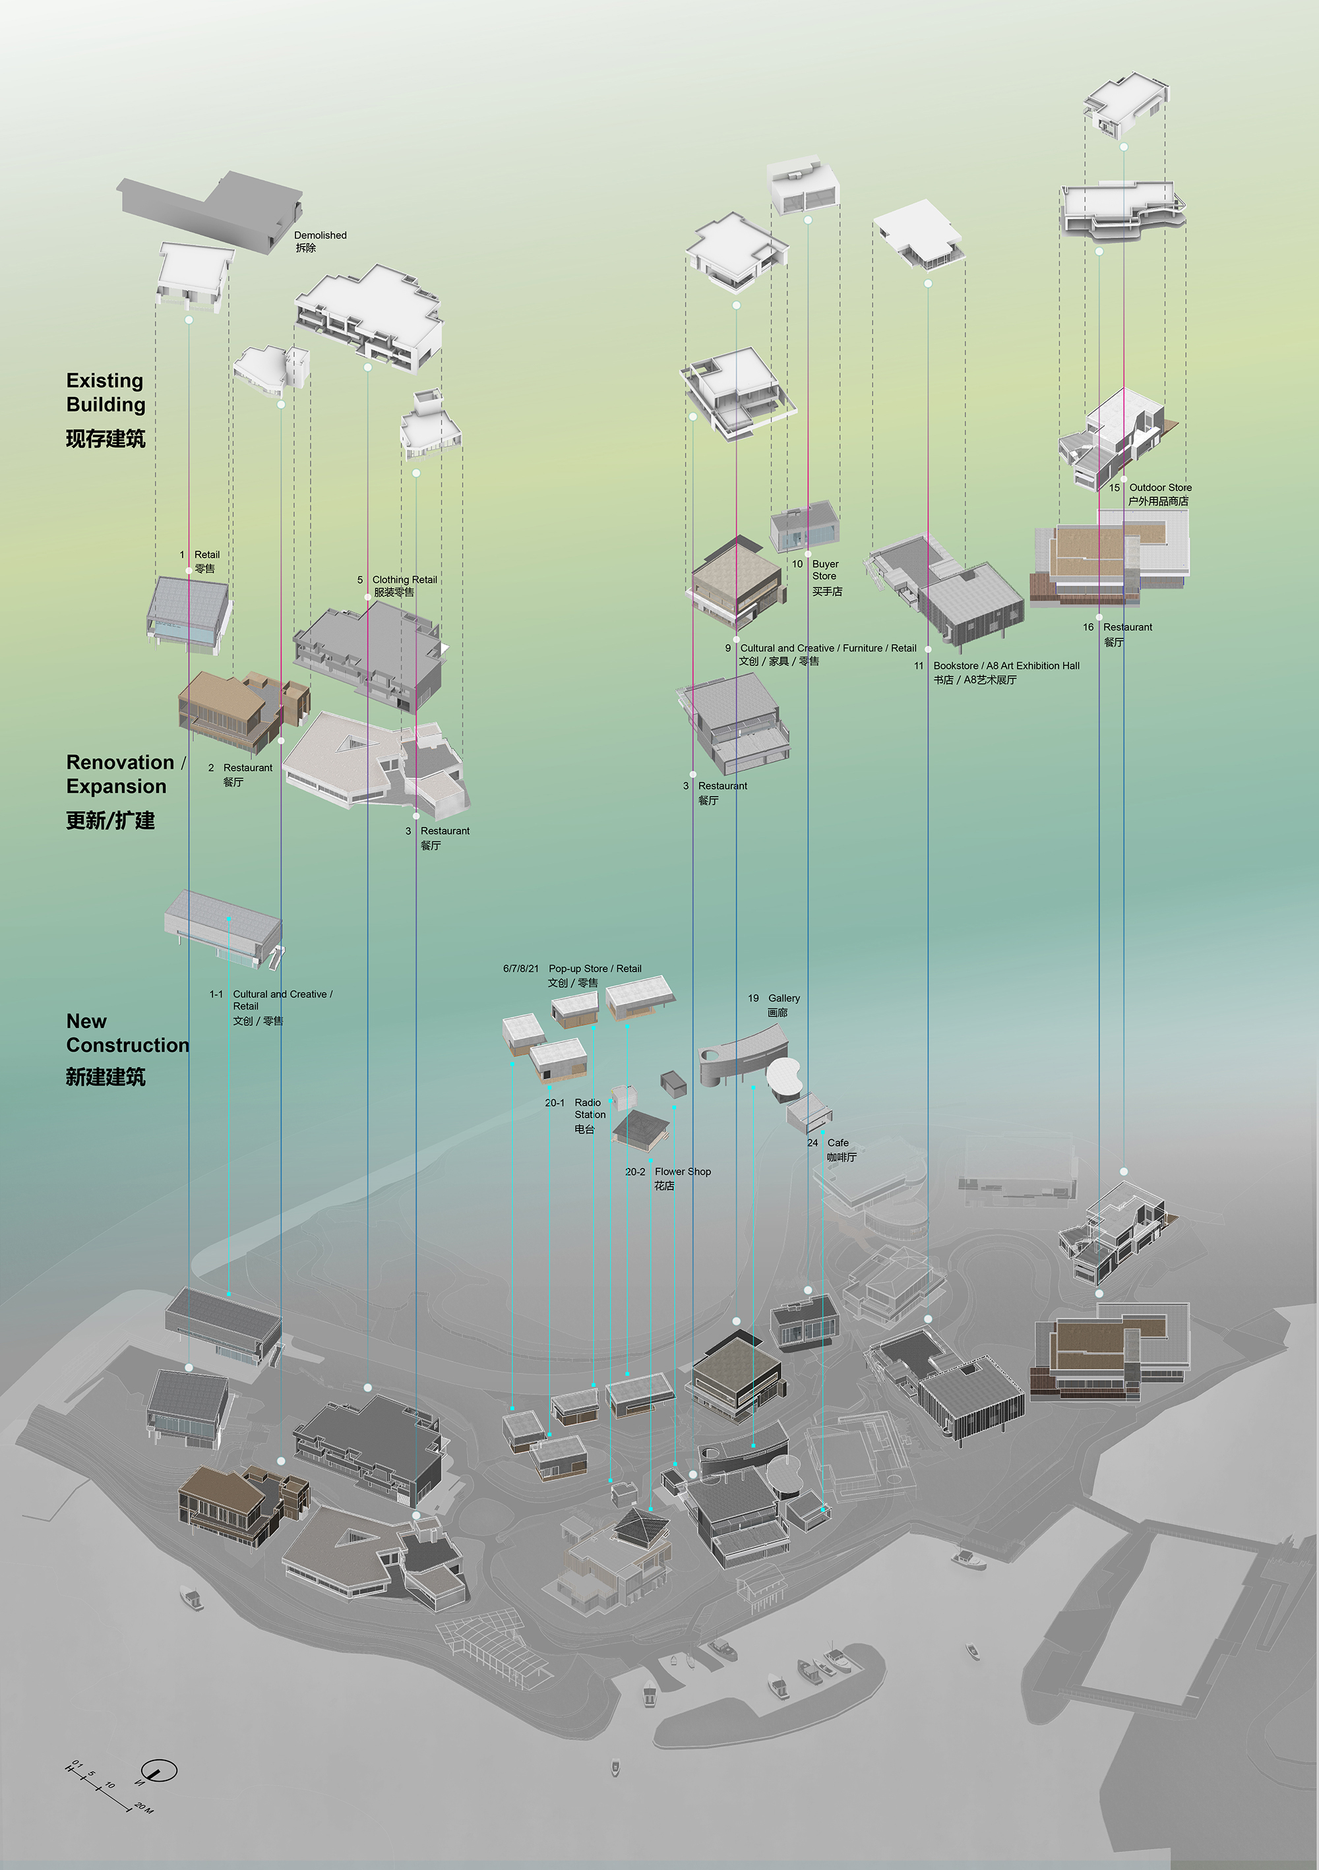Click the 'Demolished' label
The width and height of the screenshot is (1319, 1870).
pos(320,235)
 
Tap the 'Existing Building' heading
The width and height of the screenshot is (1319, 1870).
pos(105,392)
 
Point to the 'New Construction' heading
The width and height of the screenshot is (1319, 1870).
pos(126,1033)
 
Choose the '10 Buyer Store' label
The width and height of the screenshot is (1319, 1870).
pos(824,570)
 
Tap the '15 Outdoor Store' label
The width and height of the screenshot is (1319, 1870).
pos(1159,488)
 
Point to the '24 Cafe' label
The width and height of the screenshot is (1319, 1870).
pos(837,1143)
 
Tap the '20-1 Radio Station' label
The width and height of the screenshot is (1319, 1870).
pos(588,1108)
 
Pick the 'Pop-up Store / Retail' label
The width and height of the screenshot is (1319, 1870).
pos(594,969)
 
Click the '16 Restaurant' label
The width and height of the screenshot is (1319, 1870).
pos(1126,628)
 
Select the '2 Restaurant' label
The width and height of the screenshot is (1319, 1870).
pos(247,768)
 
